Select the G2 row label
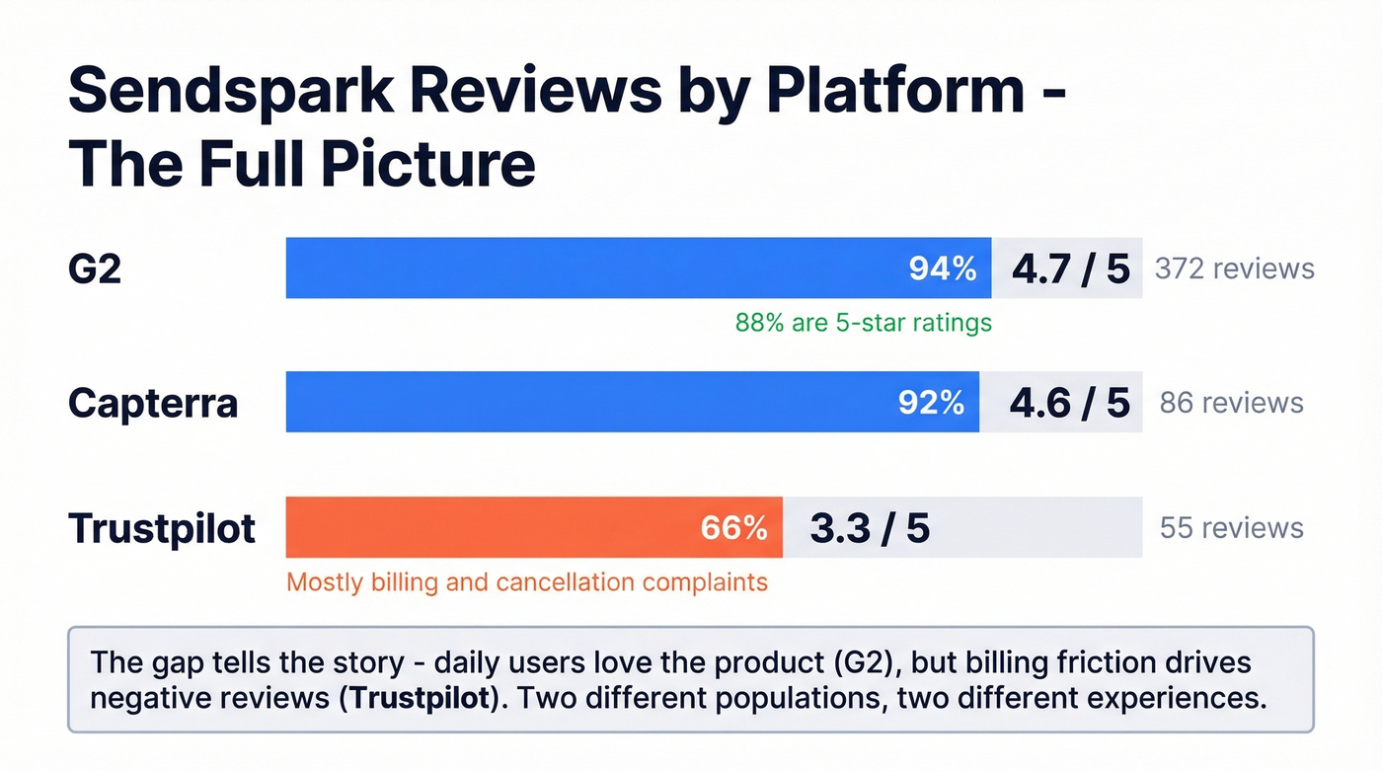95,269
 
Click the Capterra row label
153,403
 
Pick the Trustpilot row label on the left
162,528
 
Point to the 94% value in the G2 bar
942,269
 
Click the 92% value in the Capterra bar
930,403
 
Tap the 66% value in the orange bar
733,528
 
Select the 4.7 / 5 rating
1070,269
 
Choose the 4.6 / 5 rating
1069,403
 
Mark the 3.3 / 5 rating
870,528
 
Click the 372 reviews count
1234,269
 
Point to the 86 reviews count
1231,403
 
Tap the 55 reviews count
1231,528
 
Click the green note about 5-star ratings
863,323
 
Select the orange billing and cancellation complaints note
526,582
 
